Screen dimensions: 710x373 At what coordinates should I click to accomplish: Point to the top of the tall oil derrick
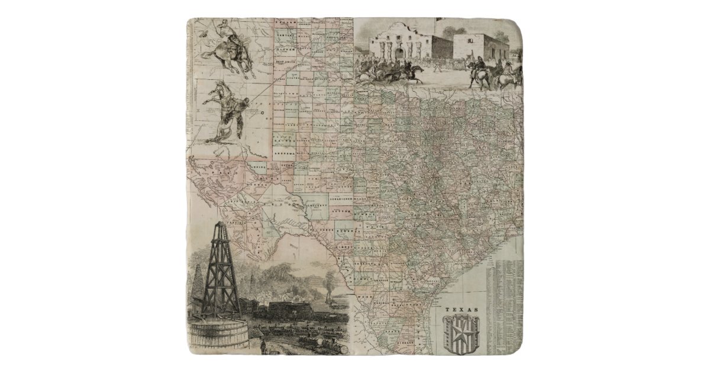point(220,226)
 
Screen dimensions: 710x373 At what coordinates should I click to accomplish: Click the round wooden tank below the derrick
point(217,337)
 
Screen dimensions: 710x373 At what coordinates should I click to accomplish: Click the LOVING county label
point(259,167)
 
